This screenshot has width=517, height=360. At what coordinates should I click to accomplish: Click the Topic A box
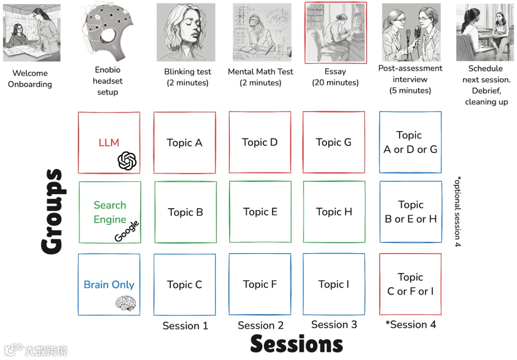pyautogui.click(x=184, y=143)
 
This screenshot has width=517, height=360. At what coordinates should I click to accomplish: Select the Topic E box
pyautogui.click(x=260, y=212)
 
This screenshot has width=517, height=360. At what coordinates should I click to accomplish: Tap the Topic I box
pyautogui.click(x=334, y=284)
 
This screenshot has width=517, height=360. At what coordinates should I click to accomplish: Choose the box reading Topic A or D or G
pyautogui.click(x=410, y=142)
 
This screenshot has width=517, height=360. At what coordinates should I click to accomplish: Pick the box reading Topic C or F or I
pyautogui.click(x=410, y=284)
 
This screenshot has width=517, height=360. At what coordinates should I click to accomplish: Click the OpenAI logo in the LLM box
pyautogui.click(x=127, y=161)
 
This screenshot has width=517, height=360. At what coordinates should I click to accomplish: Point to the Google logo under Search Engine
pyautogui.click(x=127, y=231)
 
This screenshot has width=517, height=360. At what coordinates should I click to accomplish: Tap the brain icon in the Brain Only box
pyautogui.click(x=125, y=303)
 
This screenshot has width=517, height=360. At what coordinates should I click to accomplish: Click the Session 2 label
pyautogui.click(x=260, y=326)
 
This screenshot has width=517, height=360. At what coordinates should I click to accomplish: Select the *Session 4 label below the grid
pyautogui.click(x=411, y=325)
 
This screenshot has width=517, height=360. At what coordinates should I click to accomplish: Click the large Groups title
pyautogui.click(x=52, y=211)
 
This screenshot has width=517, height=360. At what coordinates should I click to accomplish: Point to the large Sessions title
pyautogui.click(x=296, y=344)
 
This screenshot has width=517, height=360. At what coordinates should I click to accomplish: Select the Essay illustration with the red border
pyautogui.click(x=335, y=33)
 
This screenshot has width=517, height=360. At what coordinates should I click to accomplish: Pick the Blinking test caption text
pyautogui.click(x=187, y=77)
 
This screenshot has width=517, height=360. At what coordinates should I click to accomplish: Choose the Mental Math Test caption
pyautogui.click(x=260, y=77)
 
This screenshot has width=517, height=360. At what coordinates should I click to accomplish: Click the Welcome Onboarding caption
pyautogui.click(x=30, y=79)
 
